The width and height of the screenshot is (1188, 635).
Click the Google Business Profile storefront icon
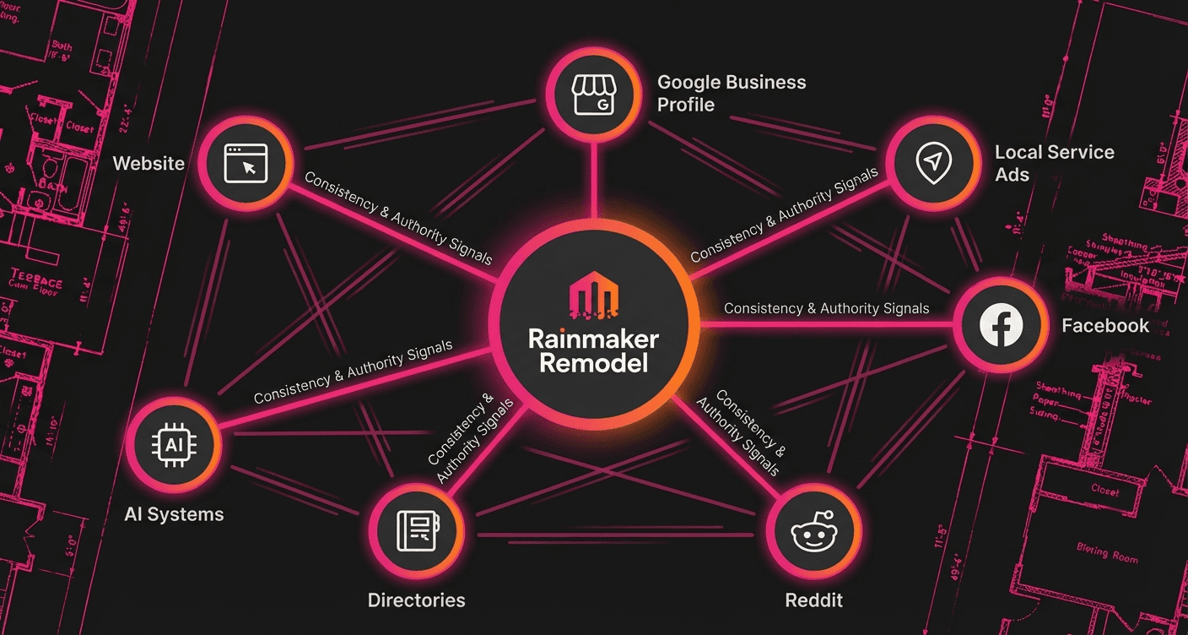click(x=591, y=94)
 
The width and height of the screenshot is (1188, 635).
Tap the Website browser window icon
click(x=246, y=164)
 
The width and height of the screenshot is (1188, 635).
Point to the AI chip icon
click(x=174, y=444)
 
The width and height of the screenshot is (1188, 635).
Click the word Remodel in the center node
click(x=593, y=364)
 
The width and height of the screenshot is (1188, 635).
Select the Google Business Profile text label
click(x=732, y=94)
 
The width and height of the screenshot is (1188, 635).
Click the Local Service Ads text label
click(x=1054, y=163)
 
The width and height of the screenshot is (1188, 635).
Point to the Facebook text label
click(x=1104, y=326)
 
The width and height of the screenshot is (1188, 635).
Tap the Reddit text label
click(x=813, y=600)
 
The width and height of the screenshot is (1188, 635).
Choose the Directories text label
click(x=416, y=600)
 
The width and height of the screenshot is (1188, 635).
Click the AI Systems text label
click(x=174, y=513)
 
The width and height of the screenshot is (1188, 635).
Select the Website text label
click(x=148, y=163)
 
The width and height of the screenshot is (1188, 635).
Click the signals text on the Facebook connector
click(x=826, y=309)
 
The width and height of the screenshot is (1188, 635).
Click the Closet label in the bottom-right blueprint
click(x=1104, y=489)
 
